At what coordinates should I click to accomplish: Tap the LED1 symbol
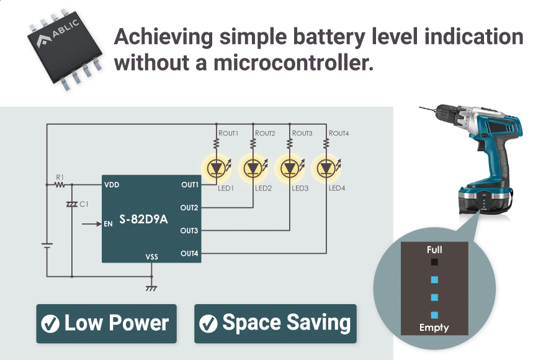(x=216, y=168)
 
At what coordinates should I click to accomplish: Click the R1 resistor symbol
(x=60, y=184)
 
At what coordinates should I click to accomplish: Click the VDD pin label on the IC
(x=112, y=185)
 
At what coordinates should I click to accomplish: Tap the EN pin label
(x=109, y=223)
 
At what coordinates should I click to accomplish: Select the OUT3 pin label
(x=189, y=231)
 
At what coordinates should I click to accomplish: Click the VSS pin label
(x=152, y=256)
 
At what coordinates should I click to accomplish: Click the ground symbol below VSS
(x=151, y=289)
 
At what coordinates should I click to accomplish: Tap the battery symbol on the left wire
(x=47, y=245)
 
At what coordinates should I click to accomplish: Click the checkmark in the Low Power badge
(x=50, y=323)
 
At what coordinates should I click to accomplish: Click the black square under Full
(x=434, y=263)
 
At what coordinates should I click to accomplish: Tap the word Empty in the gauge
(x=434, y=327)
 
